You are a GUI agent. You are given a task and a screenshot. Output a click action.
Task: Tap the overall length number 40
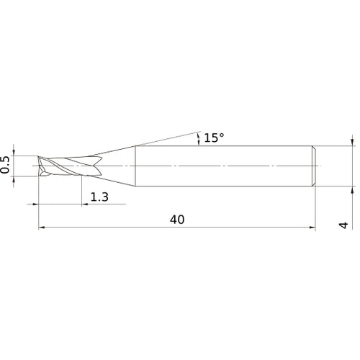(x=177, y=219)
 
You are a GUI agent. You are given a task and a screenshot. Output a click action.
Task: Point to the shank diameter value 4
(x=343, y=225)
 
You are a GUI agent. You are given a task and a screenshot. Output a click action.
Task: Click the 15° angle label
(x=214, y=138)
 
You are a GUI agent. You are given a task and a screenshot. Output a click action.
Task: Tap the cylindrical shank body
(x=223, y=167)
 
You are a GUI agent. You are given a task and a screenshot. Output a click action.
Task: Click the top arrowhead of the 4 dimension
(x=352, y=143)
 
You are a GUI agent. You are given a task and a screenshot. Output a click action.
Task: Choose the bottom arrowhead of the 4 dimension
(x=352, y=192)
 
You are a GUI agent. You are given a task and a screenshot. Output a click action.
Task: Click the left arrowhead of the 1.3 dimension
(x=37, y=204)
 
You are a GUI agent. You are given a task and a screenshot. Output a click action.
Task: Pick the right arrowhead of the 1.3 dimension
(x=84, y=204)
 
